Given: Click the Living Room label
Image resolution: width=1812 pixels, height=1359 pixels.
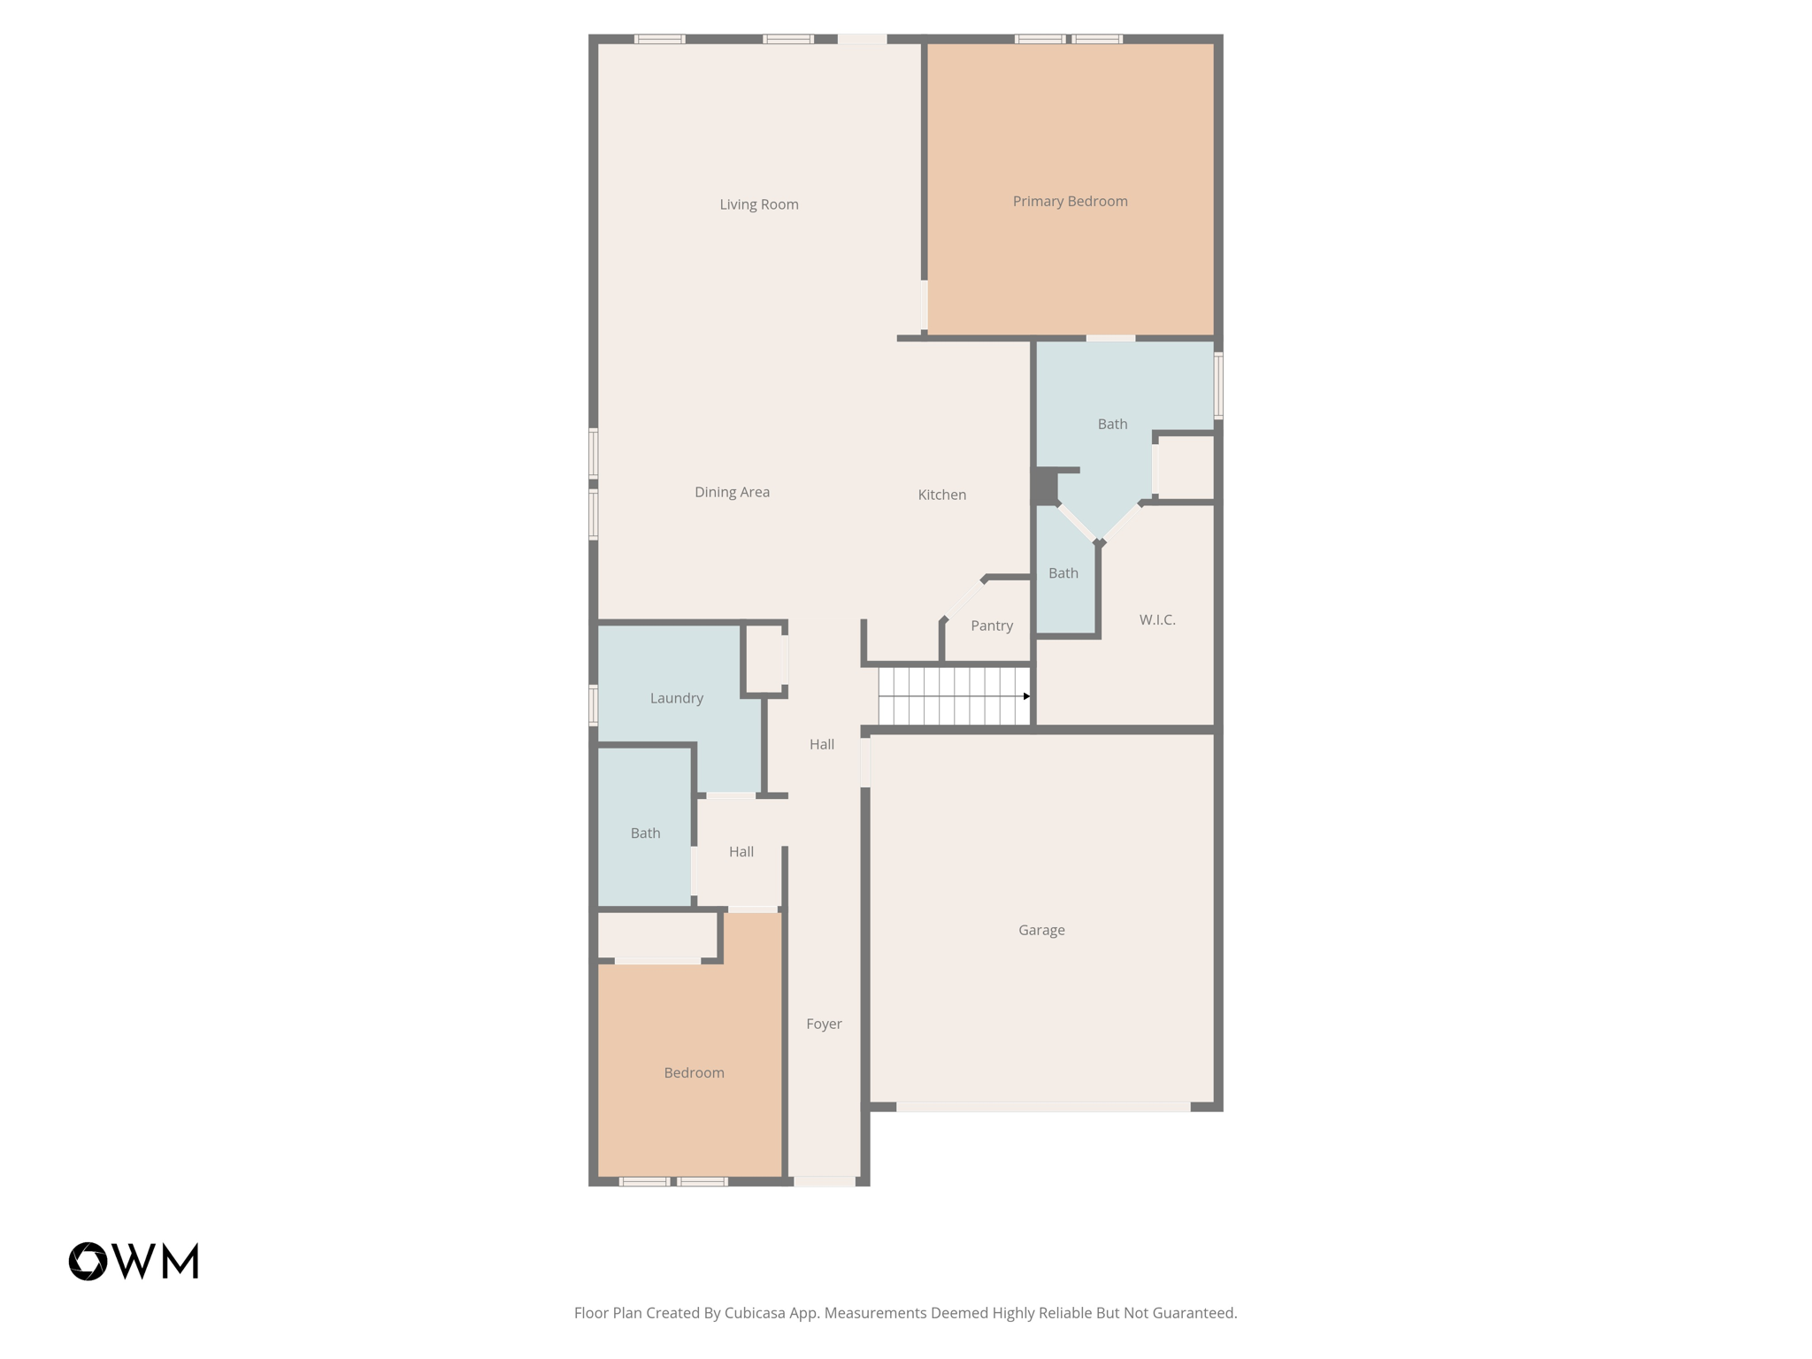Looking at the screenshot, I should [758, 204].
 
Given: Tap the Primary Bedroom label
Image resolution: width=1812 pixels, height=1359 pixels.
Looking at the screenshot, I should [1070, 202].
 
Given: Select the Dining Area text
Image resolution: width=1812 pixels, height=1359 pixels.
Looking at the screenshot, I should [732, 492].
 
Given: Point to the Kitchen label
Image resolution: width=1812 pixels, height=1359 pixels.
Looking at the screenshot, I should [941, 495].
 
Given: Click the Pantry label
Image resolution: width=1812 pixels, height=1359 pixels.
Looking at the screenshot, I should [991, 626].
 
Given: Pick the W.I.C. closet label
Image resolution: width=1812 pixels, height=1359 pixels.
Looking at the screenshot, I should [1156, 619].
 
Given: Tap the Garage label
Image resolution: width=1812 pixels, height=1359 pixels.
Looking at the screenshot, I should [1040, 930].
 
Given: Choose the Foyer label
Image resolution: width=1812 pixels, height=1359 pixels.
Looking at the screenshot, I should [823, 1024].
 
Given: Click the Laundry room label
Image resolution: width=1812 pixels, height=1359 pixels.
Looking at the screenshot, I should [676, 698].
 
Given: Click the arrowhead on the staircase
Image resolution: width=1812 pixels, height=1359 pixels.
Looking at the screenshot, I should [1026, 696].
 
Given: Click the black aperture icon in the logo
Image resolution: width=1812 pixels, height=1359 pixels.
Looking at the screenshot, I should [88, 1261].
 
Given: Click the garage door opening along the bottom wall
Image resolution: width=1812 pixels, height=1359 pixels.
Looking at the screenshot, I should [1043, 1107].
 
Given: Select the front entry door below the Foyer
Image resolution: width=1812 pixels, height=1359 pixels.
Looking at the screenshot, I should [824, 1181].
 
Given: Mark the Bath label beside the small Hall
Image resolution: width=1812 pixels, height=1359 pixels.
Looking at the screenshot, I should [645, 833].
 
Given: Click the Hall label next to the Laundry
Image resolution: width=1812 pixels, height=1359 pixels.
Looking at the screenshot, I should [821, 745].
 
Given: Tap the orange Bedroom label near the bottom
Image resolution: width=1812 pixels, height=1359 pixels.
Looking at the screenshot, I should [694, 1073].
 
